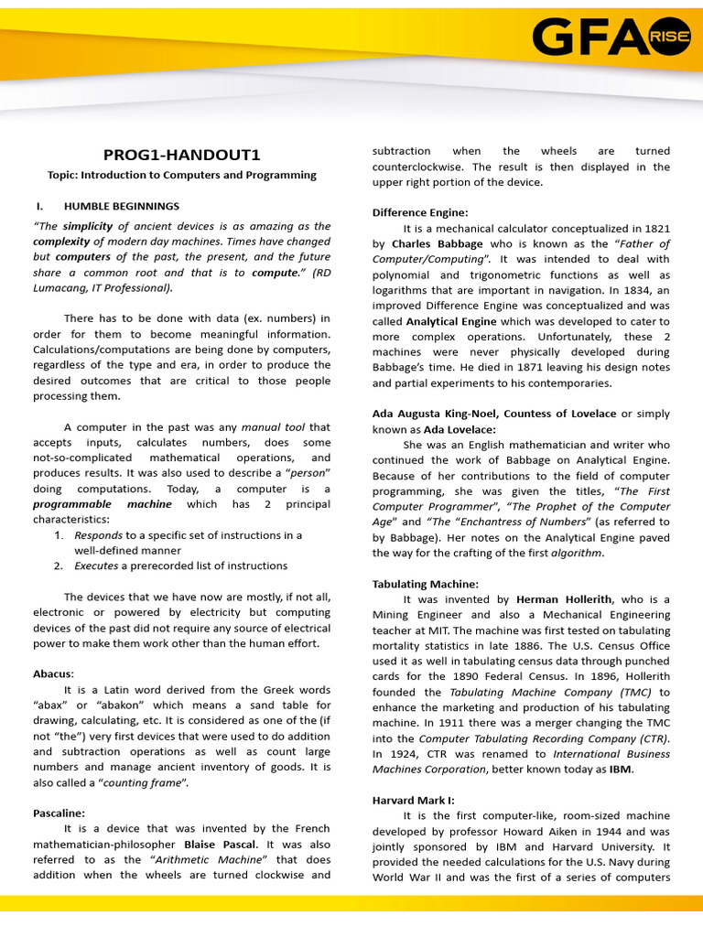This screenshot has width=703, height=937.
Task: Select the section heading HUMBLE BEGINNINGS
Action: pyautogui.click(x=121, y=206)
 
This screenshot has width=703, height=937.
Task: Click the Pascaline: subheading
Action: pyautogui.click(x=59, y=813)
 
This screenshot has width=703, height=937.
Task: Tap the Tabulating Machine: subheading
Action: pyautogui.click(x=425, y=584)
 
